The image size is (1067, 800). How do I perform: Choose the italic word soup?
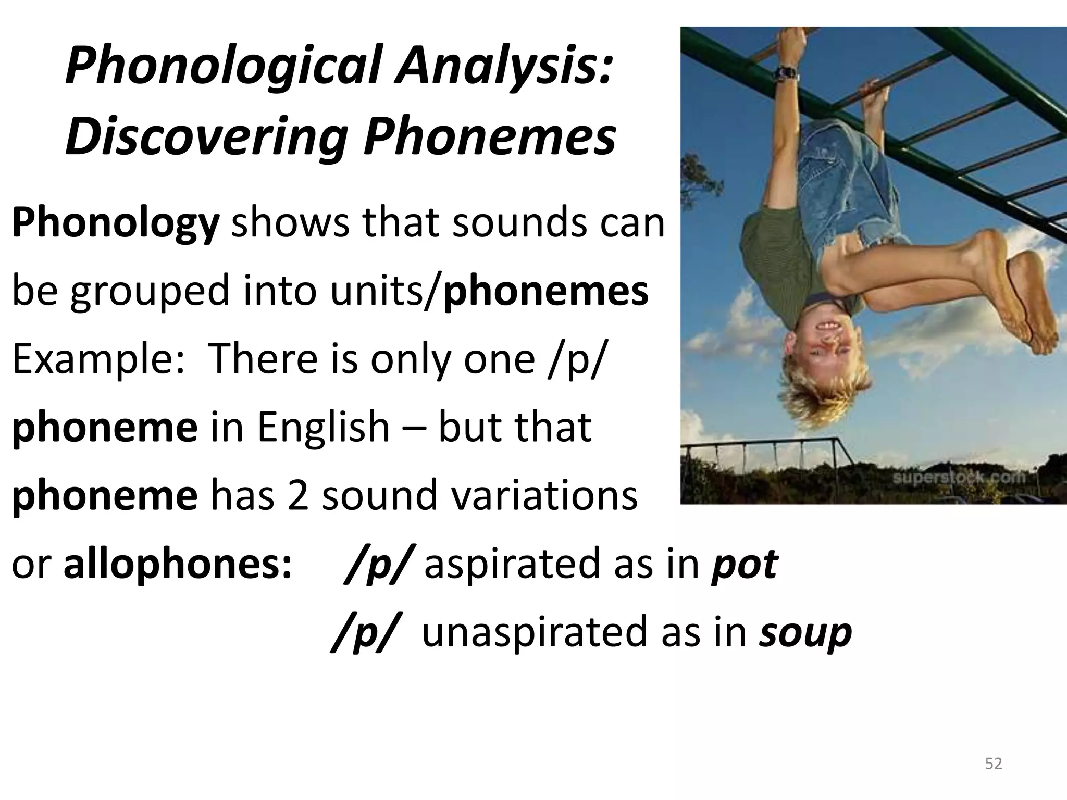(805, 632)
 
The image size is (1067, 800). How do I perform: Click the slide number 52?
(994, 764)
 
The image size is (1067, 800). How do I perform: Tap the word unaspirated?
(535, 632)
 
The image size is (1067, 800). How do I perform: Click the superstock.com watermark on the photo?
(959, 477)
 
